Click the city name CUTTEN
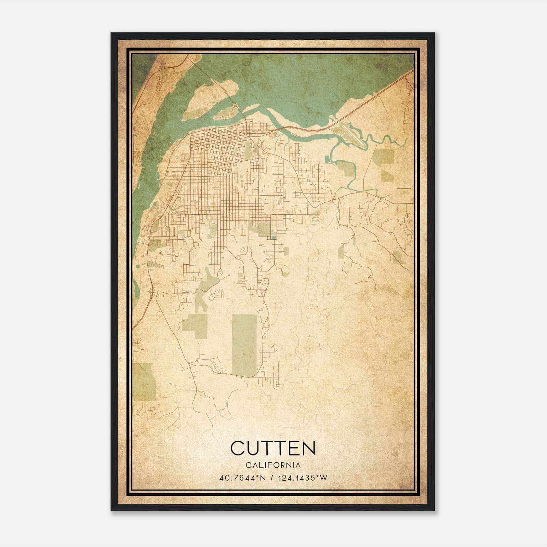273,448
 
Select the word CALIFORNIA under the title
273,465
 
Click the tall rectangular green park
244,345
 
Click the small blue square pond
273,237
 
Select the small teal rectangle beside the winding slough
326,159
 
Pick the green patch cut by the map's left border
144,381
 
